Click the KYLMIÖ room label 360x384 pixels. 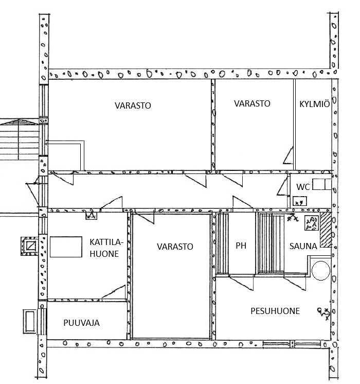(314, 104)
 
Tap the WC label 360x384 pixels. (303, 187)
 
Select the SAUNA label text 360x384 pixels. (303, 246)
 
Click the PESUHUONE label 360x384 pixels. (275, 311)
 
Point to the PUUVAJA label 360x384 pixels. (81, 323)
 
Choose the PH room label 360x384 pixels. (241, 246)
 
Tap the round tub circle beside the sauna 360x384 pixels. (321, 271)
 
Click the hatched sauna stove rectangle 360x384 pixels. (326, 230)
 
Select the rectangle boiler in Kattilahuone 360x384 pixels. (66, 247)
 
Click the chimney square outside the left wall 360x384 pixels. (30, 246)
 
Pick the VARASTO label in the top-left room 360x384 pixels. (133, 106)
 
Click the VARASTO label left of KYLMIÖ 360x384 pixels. (252, 103)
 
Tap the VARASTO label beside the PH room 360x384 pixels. (175, 247)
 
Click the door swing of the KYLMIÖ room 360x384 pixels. (289, 155)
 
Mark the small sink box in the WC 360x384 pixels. (300, 201)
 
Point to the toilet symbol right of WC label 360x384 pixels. (322, 184)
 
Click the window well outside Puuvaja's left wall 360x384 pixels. (30, 321)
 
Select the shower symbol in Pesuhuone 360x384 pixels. (324, 313)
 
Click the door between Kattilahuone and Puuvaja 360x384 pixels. (114, 292)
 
